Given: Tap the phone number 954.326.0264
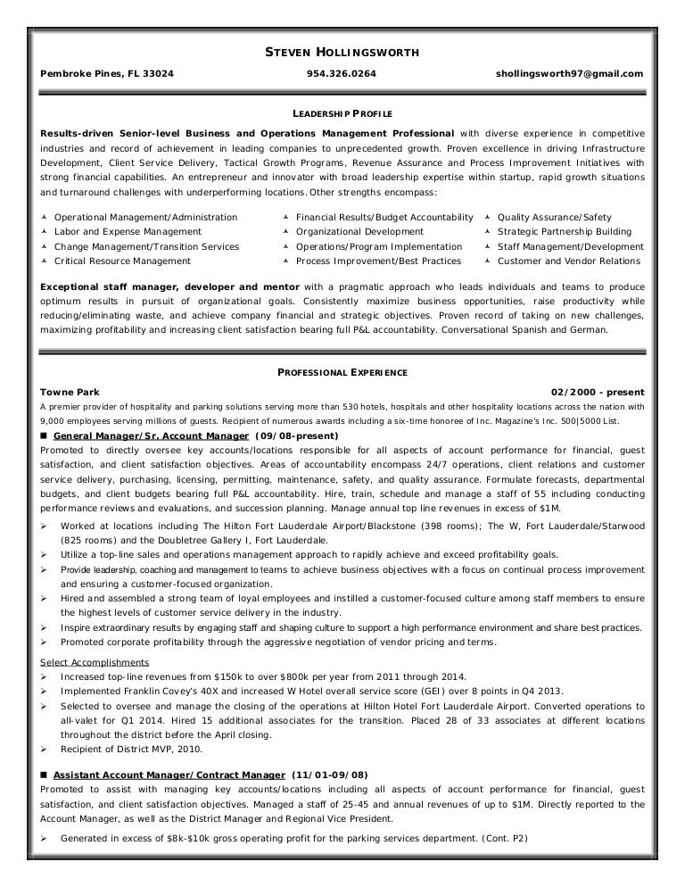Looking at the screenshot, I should [342, 75].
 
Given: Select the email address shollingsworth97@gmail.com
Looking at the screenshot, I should [569, 75].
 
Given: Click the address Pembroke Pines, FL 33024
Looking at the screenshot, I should [106, 75].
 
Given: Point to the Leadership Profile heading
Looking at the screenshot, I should [342, 115].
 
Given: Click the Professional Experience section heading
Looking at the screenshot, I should [342, 371].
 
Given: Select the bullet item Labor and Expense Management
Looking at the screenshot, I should [127, 232].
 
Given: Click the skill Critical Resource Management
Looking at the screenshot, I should [122, 261].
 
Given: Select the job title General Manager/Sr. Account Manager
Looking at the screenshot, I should [151, 435].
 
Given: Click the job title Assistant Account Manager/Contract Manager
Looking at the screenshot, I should [169, 774].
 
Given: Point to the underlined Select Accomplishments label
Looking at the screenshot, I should [95, 662].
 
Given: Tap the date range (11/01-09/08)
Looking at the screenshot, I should [329, 774].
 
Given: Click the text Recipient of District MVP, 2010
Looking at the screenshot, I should [131, 749].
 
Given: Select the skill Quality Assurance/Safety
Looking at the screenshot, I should [554, 217].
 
